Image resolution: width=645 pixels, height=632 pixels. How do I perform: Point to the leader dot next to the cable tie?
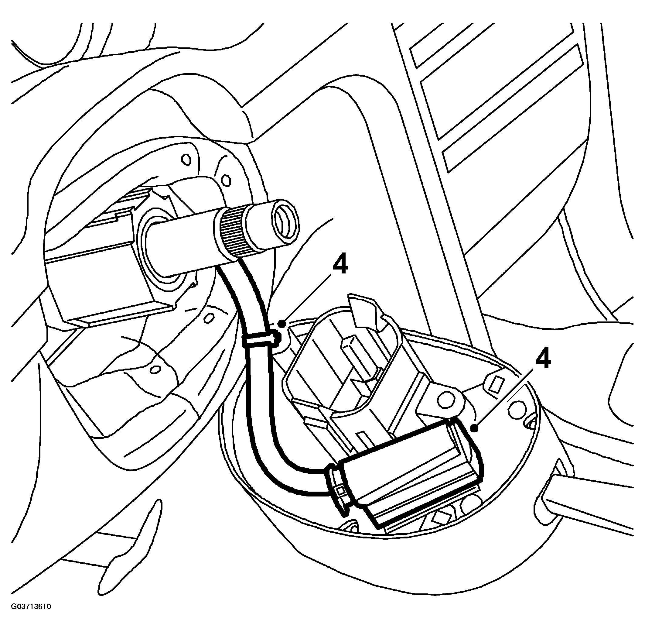click(x=282, y=323)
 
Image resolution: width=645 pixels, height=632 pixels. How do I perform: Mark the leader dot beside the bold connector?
click(x=476, y=429)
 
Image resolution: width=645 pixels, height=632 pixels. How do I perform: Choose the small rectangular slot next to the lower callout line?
click(x=495, y=383)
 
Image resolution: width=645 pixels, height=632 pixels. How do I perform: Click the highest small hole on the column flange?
click(x=187, y=159)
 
